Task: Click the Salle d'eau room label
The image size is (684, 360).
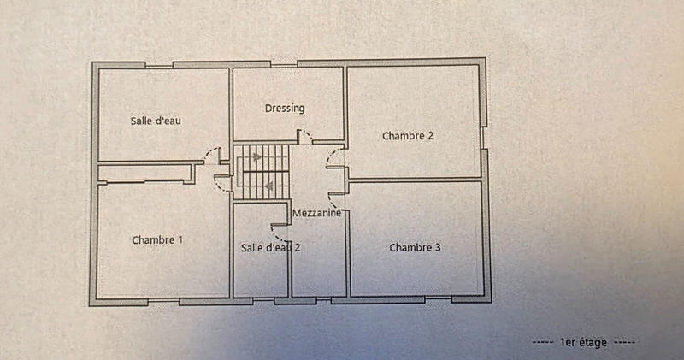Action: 156,121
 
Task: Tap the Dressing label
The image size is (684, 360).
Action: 285,109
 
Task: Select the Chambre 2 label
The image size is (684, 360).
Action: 409,135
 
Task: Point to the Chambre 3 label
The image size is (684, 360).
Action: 415,248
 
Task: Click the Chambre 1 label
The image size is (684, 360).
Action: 157,240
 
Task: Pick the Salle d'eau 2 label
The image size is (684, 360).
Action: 271,248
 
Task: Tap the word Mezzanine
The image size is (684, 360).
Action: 317,212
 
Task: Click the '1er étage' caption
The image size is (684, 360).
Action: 583,342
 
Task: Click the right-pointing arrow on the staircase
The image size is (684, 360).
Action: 254,157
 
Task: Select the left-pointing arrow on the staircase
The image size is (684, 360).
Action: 269,184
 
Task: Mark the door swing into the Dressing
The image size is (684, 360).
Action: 304,137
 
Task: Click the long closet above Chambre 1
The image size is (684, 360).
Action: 144,174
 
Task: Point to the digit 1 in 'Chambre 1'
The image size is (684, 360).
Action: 180,240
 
